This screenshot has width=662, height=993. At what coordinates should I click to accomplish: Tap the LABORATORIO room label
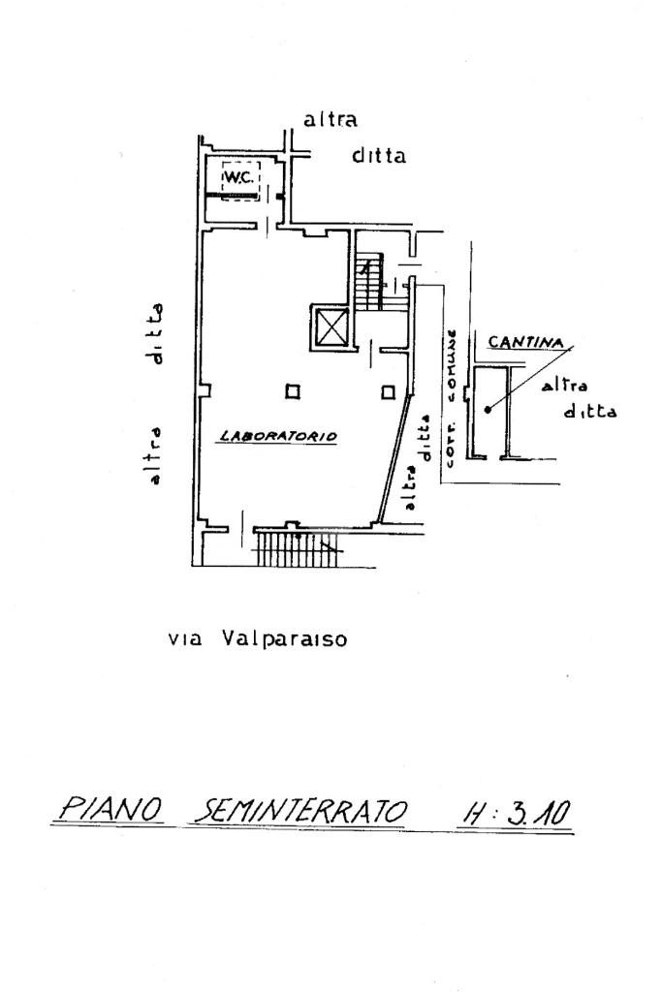point(277,436)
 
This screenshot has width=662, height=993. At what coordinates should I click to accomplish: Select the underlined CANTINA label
point(527,342)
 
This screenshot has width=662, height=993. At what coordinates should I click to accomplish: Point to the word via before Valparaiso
point(183,639)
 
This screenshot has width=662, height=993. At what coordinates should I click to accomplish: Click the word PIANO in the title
point(108,809)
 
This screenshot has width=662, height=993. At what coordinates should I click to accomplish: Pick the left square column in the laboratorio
point(291,391)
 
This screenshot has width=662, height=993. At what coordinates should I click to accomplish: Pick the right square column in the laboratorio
point(388,391)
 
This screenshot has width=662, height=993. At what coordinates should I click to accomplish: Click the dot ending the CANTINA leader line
point(489,409)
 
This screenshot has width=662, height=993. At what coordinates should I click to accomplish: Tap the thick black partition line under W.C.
point(234,198)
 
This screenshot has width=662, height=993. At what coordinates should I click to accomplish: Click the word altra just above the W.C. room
point(331,121)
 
